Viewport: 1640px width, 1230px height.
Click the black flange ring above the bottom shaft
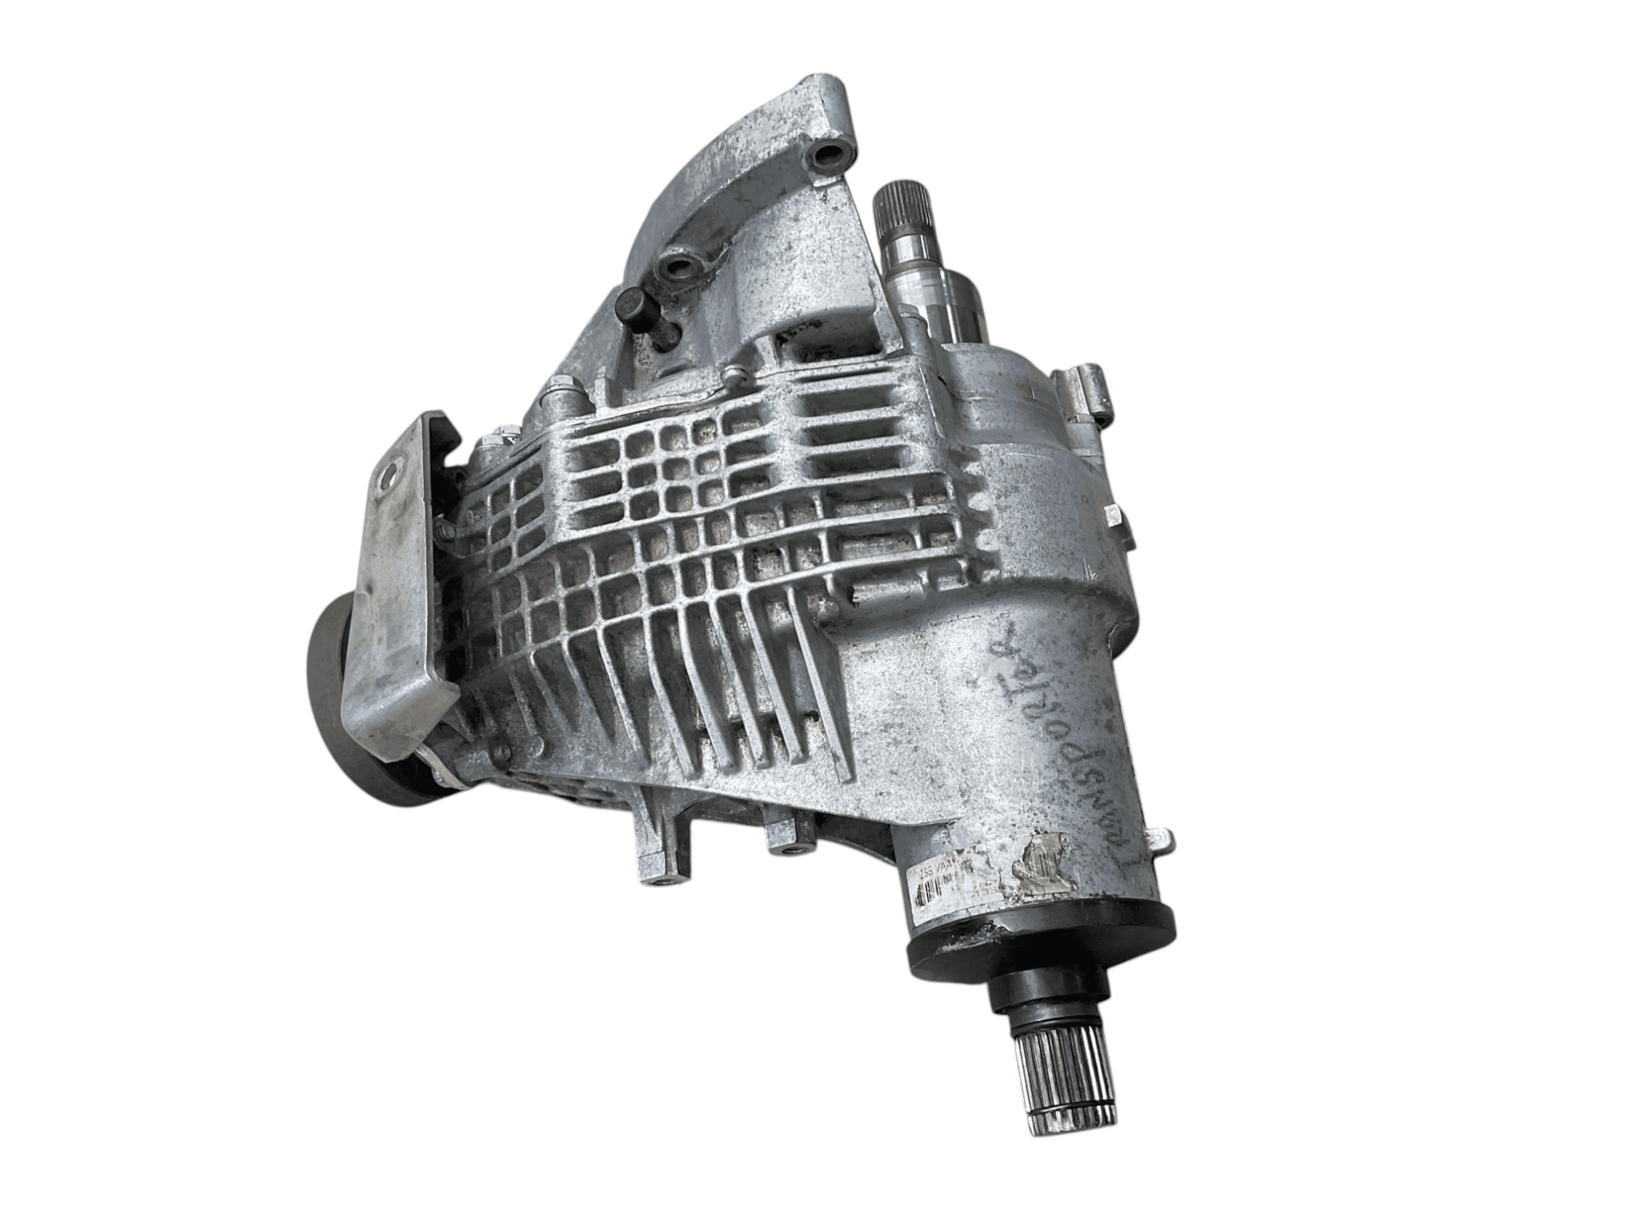(1041, 947)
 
